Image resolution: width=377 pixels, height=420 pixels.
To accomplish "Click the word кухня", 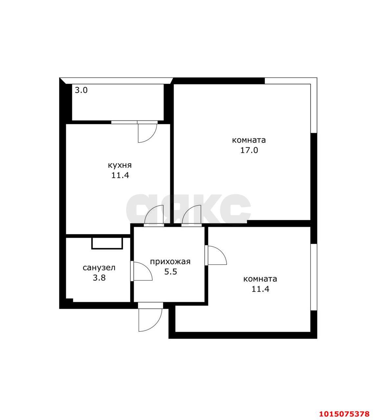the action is [x=120, y=165].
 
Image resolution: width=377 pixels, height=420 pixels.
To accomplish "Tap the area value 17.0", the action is [x=249, y=150].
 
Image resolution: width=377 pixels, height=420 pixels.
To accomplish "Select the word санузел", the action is [x=99, y=268].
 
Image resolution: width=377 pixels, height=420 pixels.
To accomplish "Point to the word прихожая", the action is [x=170, y=262].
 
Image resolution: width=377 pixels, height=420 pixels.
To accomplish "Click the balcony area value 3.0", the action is [x=81, y=90].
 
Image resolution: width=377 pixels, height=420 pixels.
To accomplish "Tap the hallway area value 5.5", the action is [x=170, y=272].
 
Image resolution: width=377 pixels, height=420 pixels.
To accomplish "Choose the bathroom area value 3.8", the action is [x=99, y=278].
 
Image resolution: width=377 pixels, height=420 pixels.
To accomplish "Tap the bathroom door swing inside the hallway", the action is [x=143, y=271].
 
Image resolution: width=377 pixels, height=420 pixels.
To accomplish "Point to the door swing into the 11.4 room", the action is [x=217, y=255].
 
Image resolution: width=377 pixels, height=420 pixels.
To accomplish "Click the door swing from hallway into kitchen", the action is [x=154, y=215].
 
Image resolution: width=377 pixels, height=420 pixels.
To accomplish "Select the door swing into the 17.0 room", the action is [x=191, y=215].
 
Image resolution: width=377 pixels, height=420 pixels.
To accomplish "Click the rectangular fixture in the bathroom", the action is [x=107, y=243].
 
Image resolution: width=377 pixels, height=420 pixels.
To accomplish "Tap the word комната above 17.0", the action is [x=249, y=140].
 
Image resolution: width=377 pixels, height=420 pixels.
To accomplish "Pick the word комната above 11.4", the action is [x=260, y=279].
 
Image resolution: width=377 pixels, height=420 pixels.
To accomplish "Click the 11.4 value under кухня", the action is [x=120, y=175].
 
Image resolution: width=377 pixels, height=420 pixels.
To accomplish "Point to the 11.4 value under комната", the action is [x=260, y=289].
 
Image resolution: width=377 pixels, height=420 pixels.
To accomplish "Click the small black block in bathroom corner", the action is [x=70, y=300].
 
